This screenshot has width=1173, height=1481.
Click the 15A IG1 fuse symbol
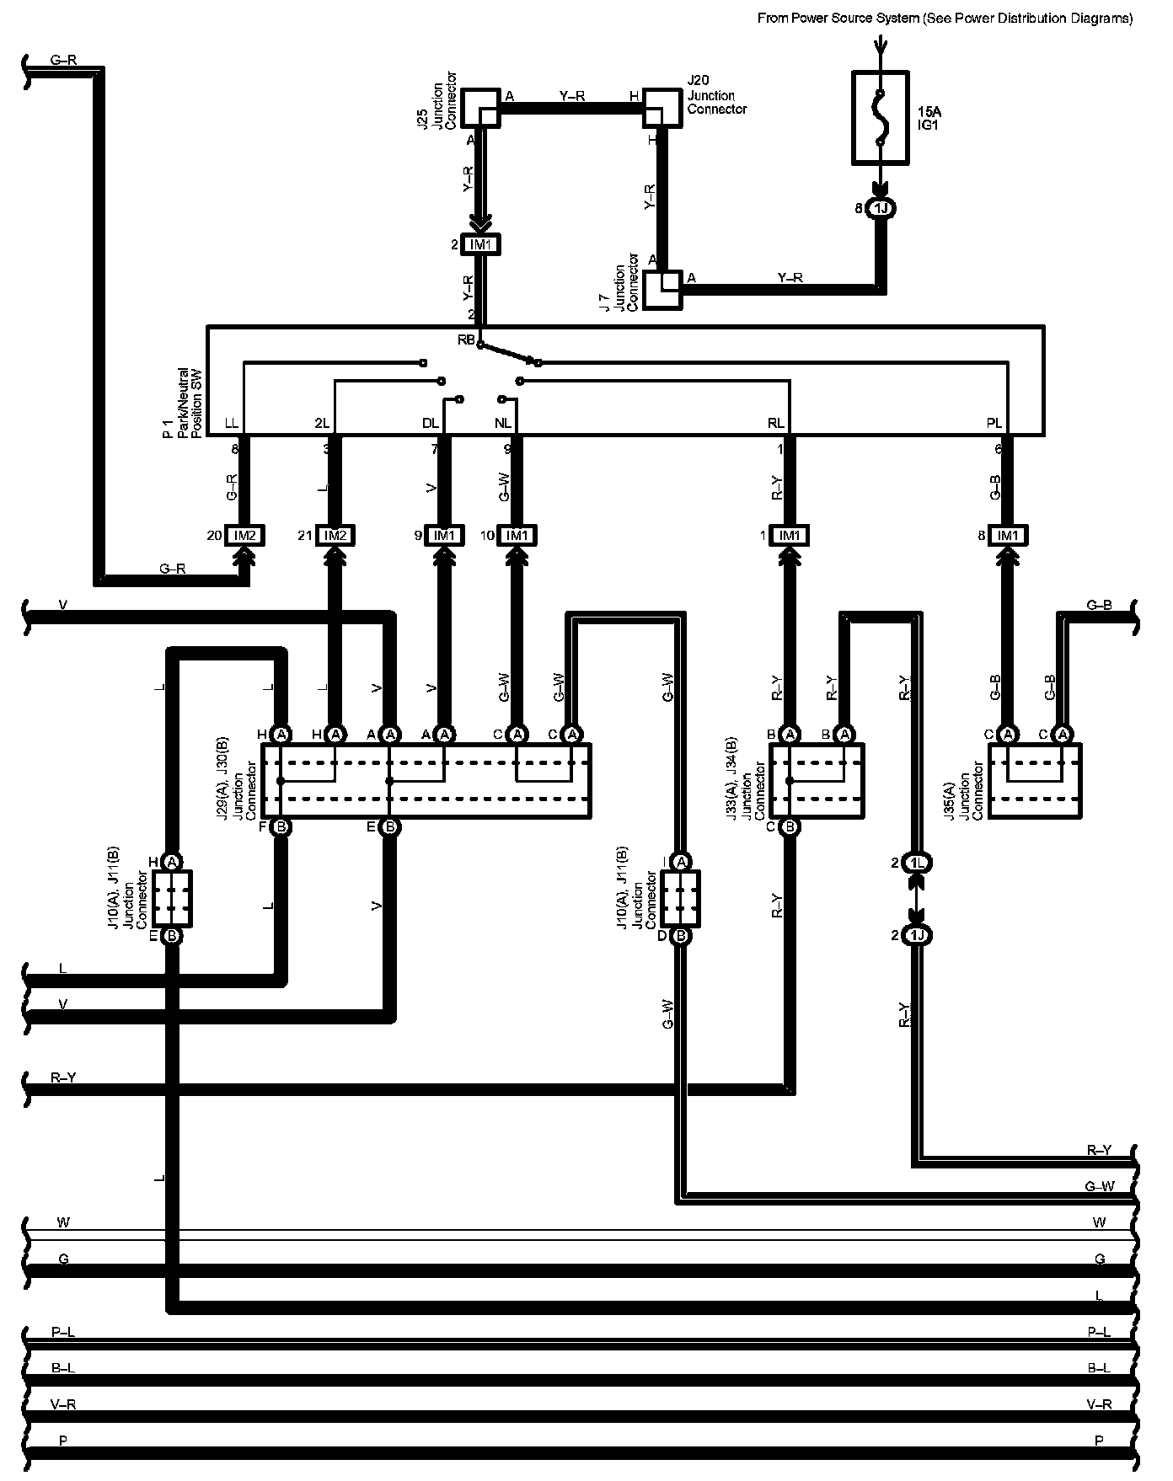(880, 117)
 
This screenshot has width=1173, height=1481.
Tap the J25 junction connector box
(479, 108)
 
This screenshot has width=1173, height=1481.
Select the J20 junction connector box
(661, 108)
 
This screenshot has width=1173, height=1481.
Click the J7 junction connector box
(662, 289)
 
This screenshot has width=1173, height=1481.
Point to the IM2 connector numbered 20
(245, 535)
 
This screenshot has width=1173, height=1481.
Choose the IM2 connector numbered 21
(335, 535)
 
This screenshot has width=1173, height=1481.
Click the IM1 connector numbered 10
(517, 535)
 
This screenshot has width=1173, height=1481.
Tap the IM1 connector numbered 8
(1006, 535)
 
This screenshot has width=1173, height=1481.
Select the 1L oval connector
(917, 863)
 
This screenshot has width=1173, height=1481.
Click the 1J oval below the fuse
(880, 208)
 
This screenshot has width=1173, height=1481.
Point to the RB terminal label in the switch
(466, 340)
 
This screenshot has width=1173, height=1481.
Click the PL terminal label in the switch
(994, 424)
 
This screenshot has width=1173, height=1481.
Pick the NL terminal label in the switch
(503, 424)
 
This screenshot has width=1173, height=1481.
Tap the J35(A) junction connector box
(1034, 780)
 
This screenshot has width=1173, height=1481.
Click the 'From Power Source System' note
(945, 19)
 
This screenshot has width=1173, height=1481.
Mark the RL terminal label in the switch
(775, 424)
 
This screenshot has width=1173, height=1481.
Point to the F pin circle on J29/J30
(281, 827)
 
